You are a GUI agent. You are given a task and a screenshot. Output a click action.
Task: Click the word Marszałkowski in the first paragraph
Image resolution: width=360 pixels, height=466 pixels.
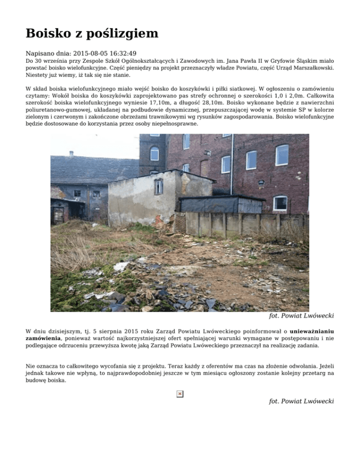[311, 68]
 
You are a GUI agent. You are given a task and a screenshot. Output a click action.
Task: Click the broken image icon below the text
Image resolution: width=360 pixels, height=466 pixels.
[180, 394]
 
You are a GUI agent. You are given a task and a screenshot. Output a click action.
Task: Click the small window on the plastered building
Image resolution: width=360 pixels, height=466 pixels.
[159, 186]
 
